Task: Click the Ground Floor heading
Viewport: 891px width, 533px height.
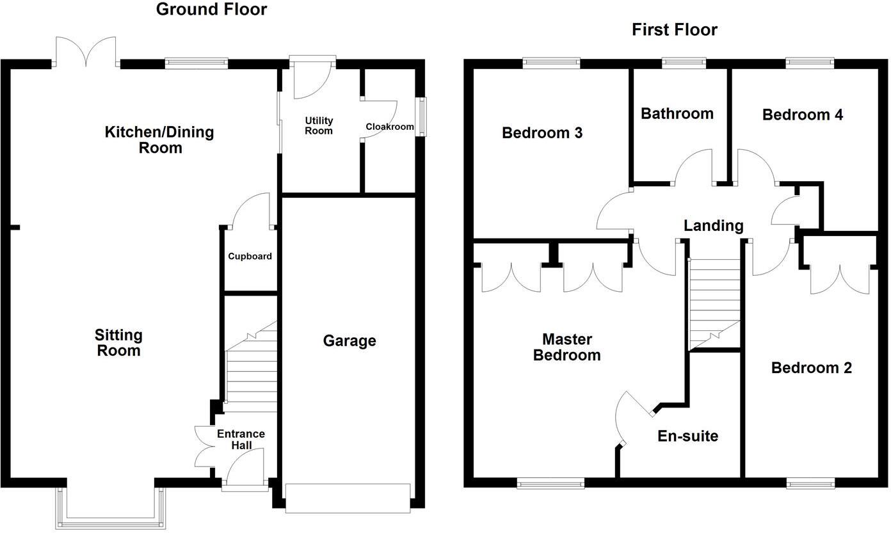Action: [211, 10]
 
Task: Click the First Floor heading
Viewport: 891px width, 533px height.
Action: [675, 29]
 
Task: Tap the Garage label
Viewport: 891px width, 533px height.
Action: [349, 341]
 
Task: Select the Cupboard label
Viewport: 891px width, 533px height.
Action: [250, 257]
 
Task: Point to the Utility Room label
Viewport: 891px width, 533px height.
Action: [319, 125]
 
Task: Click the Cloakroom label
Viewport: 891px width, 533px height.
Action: [389, 127]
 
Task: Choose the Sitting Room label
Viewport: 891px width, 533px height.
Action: [118, 343]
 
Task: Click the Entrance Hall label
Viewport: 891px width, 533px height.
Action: [241, 440]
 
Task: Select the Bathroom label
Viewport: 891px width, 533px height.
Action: [677, 114]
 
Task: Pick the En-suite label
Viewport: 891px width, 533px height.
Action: [687, 436]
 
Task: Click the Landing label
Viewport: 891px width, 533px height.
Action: [713, 226]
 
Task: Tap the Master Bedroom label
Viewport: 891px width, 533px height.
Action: [566, 347]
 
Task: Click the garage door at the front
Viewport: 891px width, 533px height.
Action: [348, 498]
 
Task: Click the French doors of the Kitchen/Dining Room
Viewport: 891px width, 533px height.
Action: [86, 52]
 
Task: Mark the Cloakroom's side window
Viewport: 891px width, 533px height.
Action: [422, 116]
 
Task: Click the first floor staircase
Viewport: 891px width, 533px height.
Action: [714, 304]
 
